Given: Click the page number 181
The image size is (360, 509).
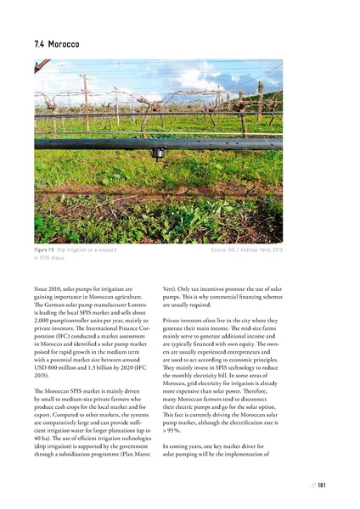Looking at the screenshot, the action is pos(322,484).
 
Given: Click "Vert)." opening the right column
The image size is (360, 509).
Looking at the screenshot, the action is pos(171,290).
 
